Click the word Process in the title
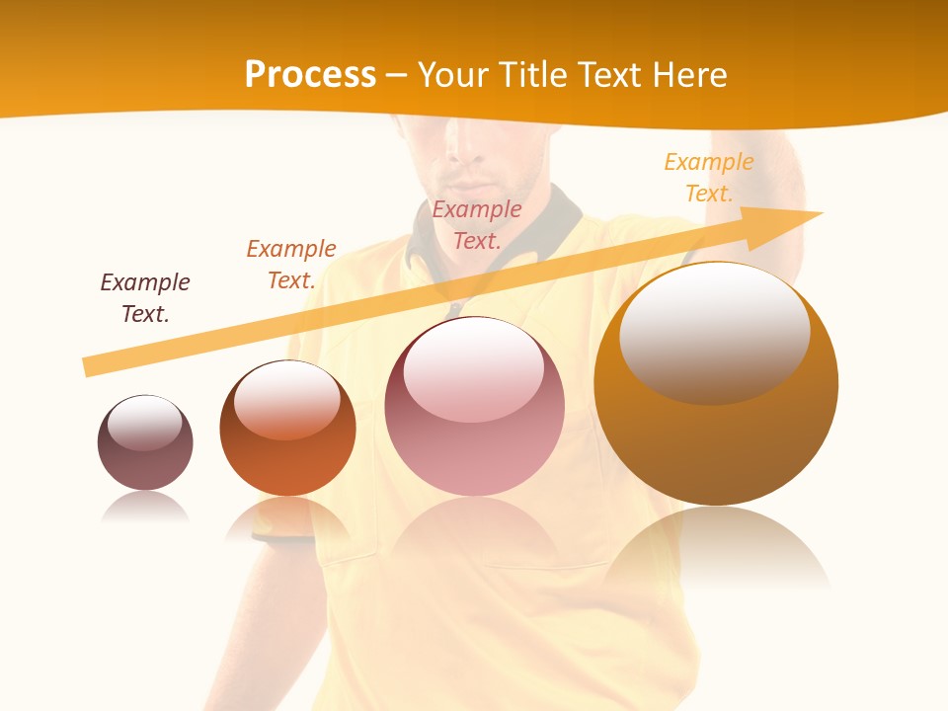point(310,74)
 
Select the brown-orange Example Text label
point(291,265)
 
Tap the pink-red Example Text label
point(477,224)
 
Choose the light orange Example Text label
point(709,178)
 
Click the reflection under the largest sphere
point(716,548)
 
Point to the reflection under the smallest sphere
point(145,507)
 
